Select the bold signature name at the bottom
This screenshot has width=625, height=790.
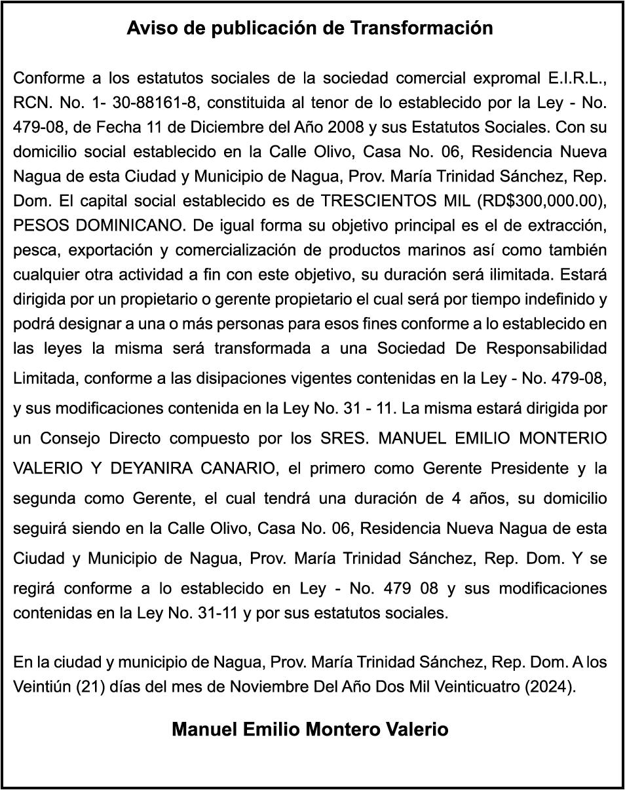click(310, 729)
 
